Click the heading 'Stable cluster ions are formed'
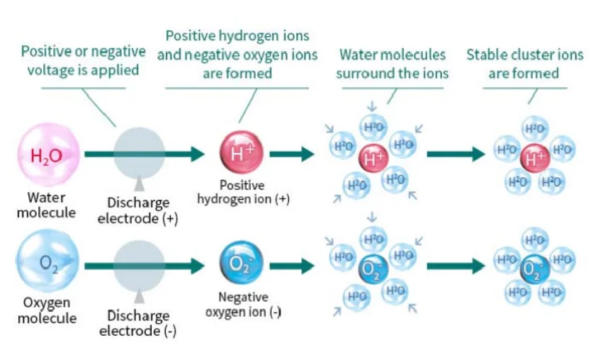click(524, 64)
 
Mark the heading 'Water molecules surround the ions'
click(392, 64)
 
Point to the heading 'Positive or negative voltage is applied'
click(83, 61)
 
